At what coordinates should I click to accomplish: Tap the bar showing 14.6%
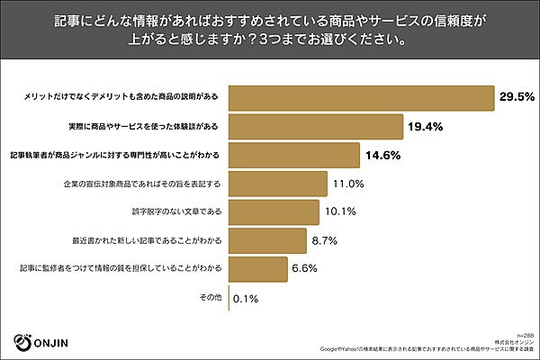tap(295, 155)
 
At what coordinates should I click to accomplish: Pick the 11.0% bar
tap(278, 184)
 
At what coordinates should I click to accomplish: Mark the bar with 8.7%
tap(268, 240)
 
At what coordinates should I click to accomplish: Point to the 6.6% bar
tap(258, 268)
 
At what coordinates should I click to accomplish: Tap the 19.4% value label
tap(423, 126)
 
